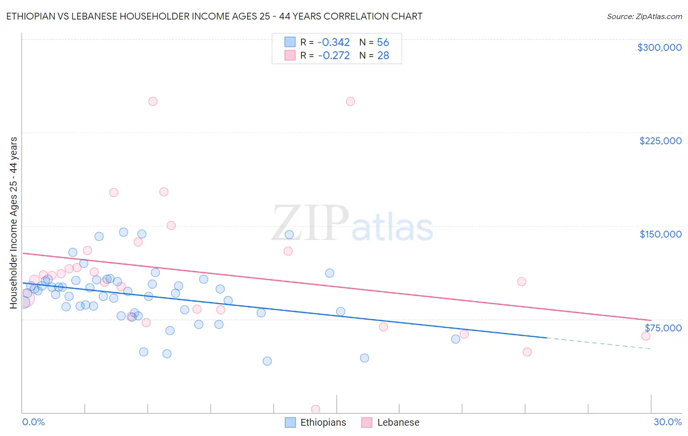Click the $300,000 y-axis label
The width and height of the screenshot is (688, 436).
(x=659, y=47)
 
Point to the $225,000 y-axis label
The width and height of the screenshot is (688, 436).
(x=660, y=141)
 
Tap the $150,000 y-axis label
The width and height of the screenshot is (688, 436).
(x=660, y=234)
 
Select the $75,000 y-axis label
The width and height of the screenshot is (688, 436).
(x=663, y=328)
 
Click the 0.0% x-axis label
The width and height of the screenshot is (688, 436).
(x=33, y=422)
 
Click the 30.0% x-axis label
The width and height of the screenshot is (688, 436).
(x=667, y=422)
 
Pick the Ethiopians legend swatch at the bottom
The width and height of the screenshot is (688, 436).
(x=290, y=422)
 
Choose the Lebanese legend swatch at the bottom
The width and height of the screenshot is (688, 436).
(x=367, y=422)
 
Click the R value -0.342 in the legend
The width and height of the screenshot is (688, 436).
(x=333, y=43)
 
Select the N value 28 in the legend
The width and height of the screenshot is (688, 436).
(x=383, y=56)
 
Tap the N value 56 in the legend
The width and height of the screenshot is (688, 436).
(x=383, y=43)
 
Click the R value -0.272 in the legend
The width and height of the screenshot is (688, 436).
(x=334, y=56)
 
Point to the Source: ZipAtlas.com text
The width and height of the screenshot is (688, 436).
(x=644, y=16)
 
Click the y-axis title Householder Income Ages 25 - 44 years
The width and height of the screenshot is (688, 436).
(x=14, y=222)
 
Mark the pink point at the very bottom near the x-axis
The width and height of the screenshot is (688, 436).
(x=316, y=409)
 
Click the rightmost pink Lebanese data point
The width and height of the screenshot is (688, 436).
(x=646, y=336)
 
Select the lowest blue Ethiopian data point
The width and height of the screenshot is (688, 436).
(x=267, y=361)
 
